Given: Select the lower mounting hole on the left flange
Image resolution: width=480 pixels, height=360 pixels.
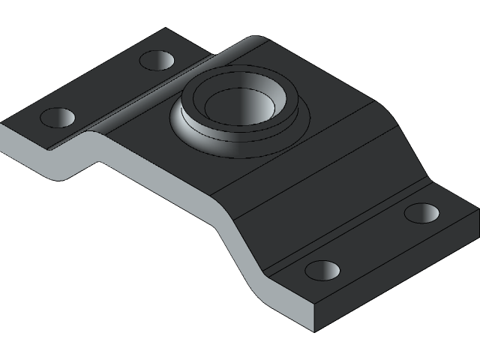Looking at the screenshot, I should (x=58, y=117).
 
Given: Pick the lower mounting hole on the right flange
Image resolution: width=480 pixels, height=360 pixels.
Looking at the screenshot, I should (x=322, y=270).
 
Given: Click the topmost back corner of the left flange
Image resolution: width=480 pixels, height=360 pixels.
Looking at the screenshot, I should (x=166, y=29).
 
